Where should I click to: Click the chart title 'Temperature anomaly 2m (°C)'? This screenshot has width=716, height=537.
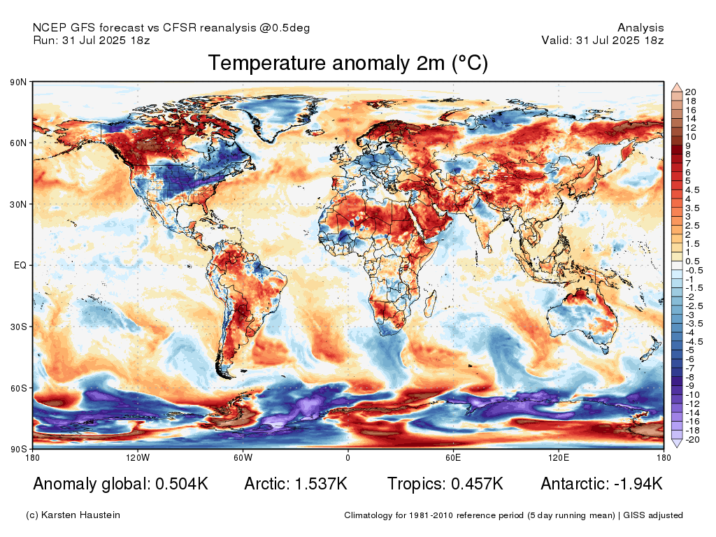348,64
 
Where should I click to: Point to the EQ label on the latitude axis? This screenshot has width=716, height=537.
20,266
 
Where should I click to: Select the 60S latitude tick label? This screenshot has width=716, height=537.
18,388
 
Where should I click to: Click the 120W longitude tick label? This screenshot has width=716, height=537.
138,458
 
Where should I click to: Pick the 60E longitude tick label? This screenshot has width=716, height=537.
453,458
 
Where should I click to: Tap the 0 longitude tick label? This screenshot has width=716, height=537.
348,458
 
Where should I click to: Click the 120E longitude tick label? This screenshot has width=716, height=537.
558,458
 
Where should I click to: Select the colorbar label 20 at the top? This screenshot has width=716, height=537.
691,92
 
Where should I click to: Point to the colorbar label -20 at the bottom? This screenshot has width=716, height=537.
693,440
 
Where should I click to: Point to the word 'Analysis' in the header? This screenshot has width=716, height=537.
640,28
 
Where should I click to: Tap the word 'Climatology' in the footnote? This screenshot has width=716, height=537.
369,515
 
